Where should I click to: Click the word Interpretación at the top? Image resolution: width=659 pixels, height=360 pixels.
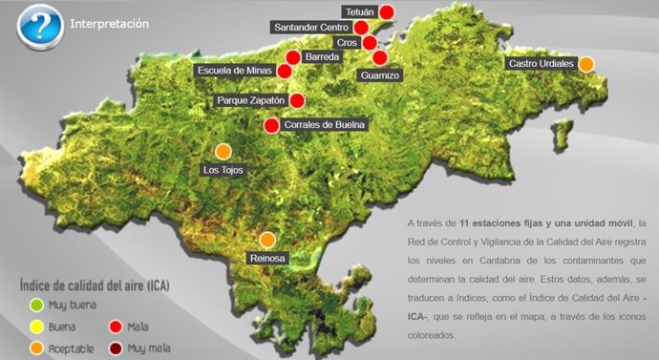[109, 24]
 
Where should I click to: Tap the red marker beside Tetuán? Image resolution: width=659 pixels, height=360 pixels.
[387, 11]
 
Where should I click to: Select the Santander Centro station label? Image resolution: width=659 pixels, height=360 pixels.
[311, 28]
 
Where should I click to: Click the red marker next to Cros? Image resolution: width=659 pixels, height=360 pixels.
[370, 43]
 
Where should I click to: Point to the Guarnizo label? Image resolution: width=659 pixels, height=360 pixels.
[380, 74]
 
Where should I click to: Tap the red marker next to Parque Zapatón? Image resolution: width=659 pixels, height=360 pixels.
[297, 100]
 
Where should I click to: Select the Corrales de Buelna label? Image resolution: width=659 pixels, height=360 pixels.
[325, 124]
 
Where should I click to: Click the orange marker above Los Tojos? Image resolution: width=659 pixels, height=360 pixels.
[223, 151]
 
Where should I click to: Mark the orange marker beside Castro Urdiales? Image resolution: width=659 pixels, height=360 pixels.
[586, 64]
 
